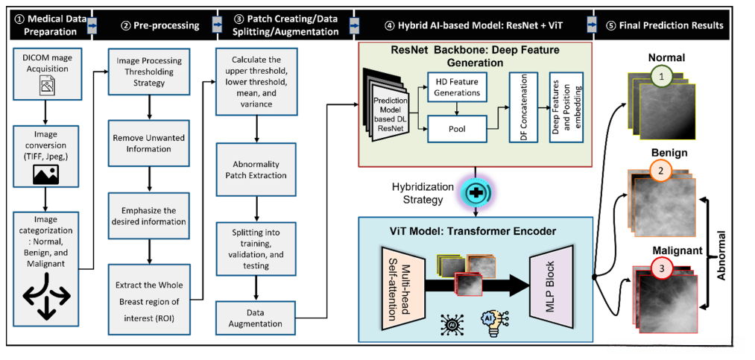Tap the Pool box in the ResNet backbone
pyautogui.click(x=457, y=127)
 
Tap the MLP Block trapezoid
pyautogui.click(x=552, y=276)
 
